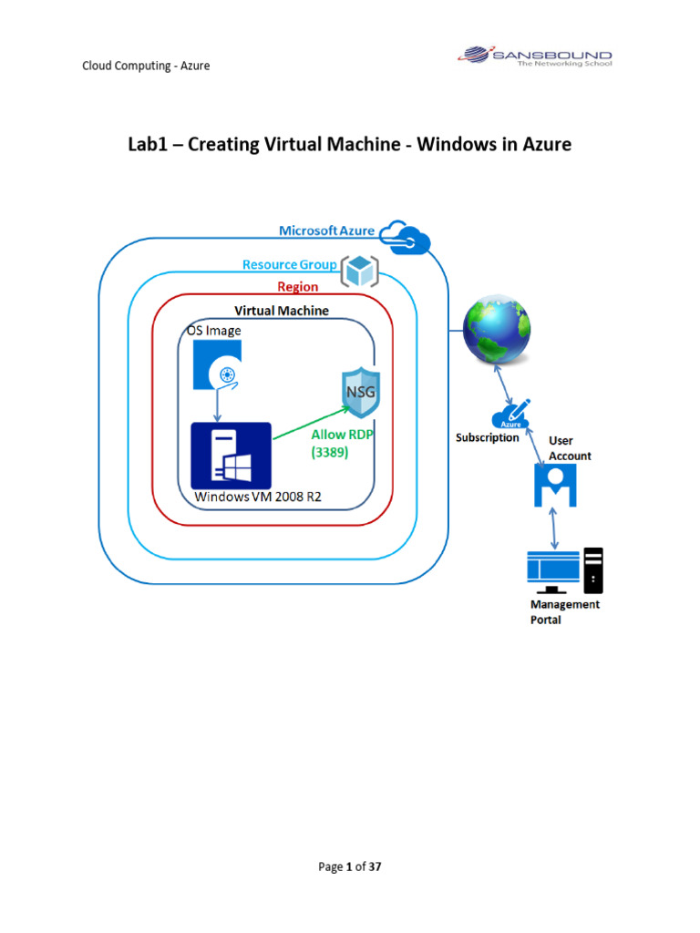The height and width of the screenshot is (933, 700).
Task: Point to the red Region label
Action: pos(297,287)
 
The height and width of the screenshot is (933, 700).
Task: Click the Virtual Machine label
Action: pos(282,311)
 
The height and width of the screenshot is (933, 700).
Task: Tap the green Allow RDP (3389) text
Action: pos(342,443)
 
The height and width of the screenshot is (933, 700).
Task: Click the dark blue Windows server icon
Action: pos(232,455)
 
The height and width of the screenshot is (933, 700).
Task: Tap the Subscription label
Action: pos(488,437)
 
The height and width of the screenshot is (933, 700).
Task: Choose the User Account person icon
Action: pos(554,484)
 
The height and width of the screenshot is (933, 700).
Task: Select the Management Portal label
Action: pos(565,611)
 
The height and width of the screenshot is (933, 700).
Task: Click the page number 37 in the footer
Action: pos(374,866)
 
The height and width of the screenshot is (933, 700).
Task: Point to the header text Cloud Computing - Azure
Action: pos(146,66)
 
